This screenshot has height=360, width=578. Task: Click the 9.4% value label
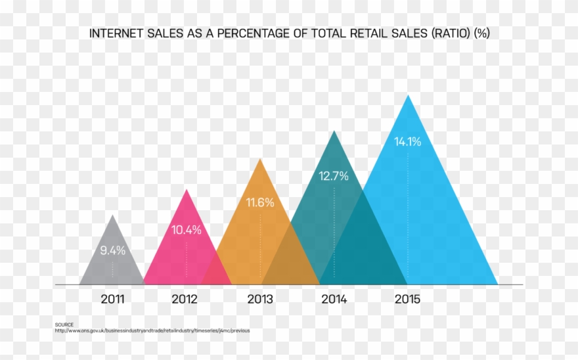[112, 250]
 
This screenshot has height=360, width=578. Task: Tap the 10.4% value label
[187, 230]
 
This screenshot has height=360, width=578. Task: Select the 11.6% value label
[260, 202]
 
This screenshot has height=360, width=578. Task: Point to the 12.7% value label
[334, 176]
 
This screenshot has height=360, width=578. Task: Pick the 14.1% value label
[407, 141]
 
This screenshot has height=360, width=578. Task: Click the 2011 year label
[112, 300]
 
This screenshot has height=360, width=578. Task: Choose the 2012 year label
[185, 300]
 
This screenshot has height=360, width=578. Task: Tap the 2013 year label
[260, 300]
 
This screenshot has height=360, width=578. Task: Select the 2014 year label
[334, 300]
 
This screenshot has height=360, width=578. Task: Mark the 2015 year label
[407, 300]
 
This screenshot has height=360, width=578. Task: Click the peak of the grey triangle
[113, 216]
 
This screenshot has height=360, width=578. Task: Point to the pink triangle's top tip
[187, 191]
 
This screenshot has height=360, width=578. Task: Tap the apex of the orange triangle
[261, 160]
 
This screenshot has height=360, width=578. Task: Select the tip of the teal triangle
[334, 132]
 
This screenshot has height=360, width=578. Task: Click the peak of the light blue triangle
[408, 96]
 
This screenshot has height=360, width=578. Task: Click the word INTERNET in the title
[115, 33]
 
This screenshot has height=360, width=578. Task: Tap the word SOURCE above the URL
[64, 325]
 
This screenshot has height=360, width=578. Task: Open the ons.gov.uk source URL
[152, 330]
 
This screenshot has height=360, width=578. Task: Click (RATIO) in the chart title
[451, 33]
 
